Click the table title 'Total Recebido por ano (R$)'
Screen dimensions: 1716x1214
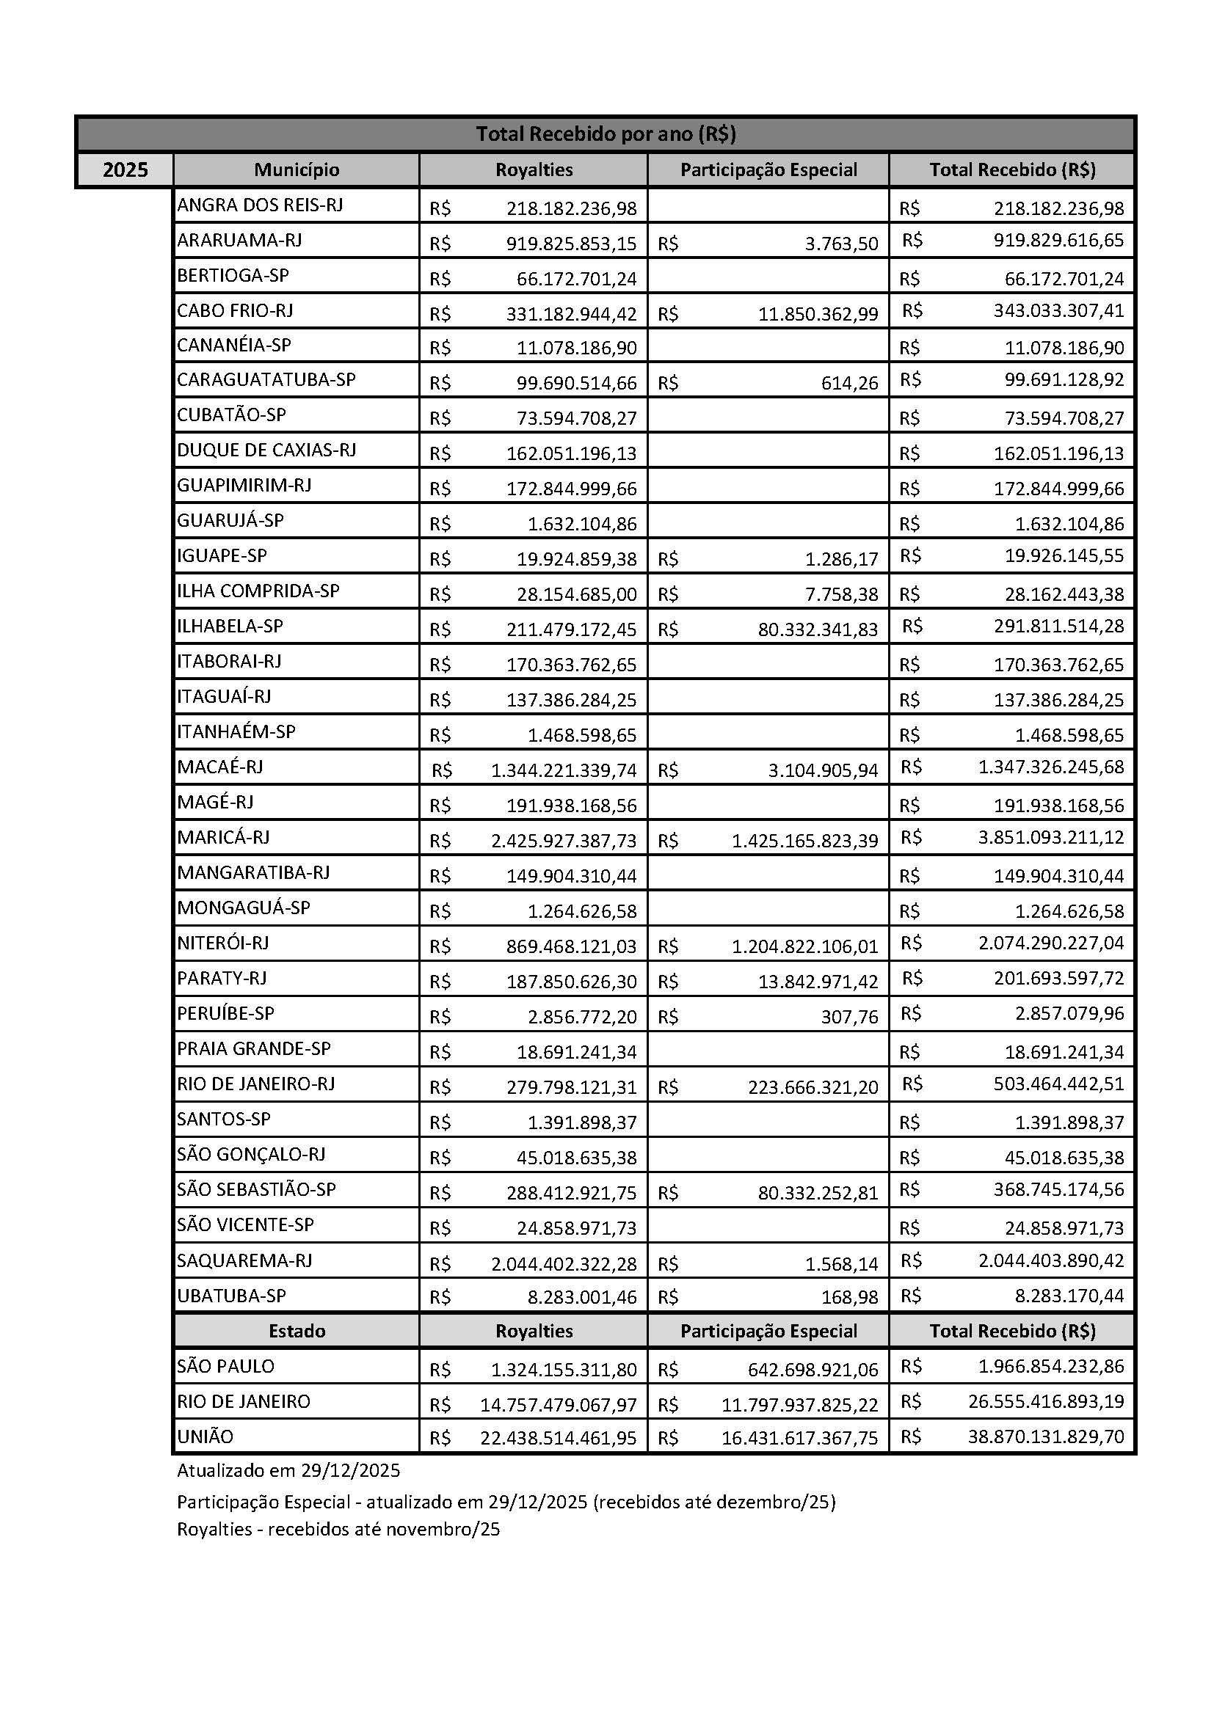[606, 134]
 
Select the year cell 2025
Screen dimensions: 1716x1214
[125, 170]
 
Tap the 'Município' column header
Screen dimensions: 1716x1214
[296, 170]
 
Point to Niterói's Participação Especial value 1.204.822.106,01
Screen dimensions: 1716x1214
[804, 947]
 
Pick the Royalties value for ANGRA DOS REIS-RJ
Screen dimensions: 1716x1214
[571, 208]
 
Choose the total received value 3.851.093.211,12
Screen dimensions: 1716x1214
[1050, 837]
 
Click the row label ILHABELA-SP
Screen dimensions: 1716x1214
[230, 626]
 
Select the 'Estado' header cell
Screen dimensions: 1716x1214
[296, 1331]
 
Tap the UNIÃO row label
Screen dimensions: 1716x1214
[205, 1436]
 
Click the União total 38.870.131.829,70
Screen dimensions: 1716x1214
[1045, 1436]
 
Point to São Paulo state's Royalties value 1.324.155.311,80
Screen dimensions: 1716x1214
[564, 1370]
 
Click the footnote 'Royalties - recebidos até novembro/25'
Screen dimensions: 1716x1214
[338, 1529]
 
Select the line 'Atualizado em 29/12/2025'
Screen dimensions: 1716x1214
[288, 1471]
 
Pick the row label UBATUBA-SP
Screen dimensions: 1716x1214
[231, 1295]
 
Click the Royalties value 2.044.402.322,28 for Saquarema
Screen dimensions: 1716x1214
[564, 1264]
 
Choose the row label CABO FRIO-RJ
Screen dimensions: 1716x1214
[235, 310]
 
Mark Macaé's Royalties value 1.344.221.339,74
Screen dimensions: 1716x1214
[564, 770]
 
